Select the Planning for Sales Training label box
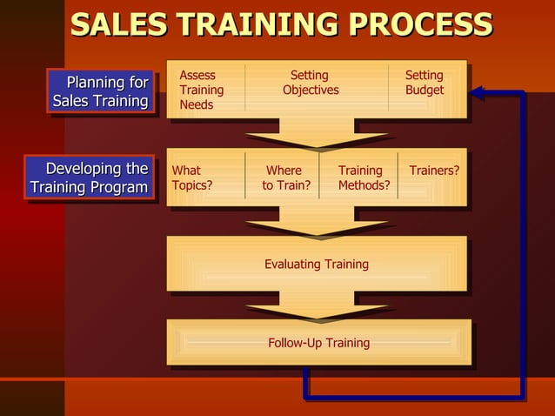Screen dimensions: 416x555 pos(101,91)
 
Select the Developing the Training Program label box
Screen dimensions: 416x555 pos(90,178)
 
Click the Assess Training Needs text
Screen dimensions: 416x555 pos(201,90)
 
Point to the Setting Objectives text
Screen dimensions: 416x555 pos(311,83)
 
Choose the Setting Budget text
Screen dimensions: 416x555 pos(425,83)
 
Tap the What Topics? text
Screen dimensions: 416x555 pos(192,178)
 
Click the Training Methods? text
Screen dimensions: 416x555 pos(363,178)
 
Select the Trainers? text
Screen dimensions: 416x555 pos(434,171)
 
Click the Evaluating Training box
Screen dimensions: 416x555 pos(317,264)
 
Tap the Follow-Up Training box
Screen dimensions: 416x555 pos(318,343)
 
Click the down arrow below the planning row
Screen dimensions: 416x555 pos(317,138)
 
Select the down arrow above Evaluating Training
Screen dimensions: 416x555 pos(317,226)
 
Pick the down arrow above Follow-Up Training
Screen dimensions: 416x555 pos(317,309)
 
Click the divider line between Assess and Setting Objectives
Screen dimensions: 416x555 pos(245,87)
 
